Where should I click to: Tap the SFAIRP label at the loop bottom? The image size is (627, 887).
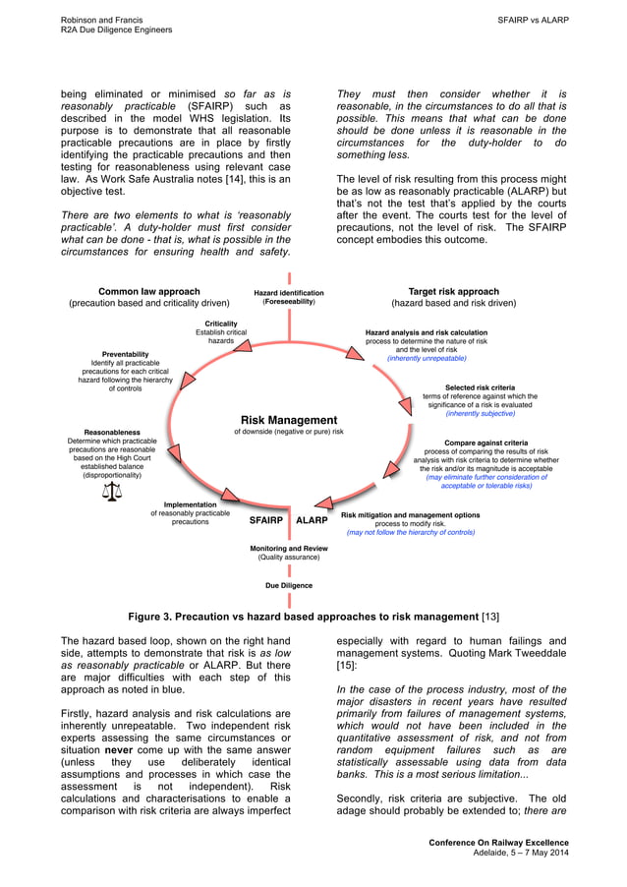265,520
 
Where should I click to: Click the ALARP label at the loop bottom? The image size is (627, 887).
312,520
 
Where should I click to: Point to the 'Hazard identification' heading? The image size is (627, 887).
288,293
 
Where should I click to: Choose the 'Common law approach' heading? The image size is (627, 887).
149,292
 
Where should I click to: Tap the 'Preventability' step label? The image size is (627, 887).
126,354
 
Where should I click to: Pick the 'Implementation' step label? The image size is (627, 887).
191,504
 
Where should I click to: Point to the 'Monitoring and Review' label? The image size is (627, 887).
288,548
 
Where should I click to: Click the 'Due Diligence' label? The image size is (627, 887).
289,585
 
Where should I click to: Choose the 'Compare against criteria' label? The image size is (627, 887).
485,443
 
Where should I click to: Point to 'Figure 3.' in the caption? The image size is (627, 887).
155,617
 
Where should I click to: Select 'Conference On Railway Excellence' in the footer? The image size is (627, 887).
498,843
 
